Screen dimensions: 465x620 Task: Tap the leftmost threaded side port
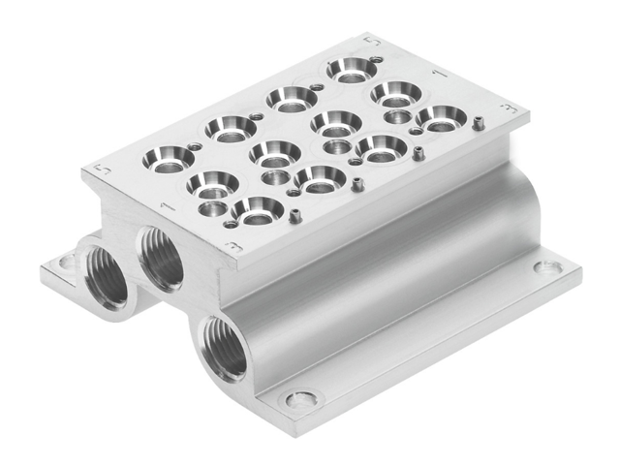point(106,277)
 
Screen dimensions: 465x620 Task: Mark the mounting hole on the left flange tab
point(66,262)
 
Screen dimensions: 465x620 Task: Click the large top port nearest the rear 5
point(351,69)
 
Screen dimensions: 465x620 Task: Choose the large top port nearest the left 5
point(169,158)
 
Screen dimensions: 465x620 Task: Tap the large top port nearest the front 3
point(258,209)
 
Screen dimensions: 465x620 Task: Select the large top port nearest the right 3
point(441,118)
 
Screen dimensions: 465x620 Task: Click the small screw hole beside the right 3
point(479,122)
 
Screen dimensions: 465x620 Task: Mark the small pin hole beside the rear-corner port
point(376,60)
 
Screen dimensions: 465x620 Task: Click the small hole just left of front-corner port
point(231,224)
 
